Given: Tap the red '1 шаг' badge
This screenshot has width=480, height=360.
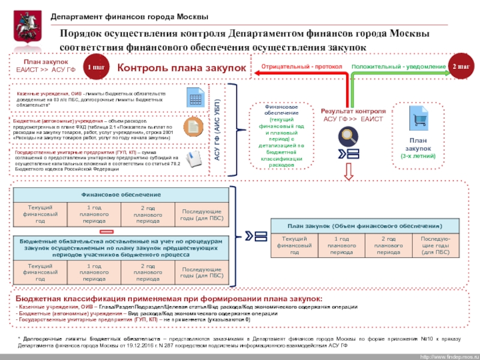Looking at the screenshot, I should pyautogui.click(x=95, y=67).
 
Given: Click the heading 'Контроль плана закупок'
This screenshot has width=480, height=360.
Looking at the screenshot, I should pyautogui.click(x=181, y=68).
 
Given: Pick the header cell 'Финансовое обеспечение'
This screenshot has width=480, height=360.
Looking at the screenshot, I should pyautogui.click(x=121, y=195).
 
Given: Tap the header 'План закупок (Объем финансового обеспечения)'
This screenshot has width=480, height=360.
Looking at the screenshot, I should pyautogui.click(x=364, y=226).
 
